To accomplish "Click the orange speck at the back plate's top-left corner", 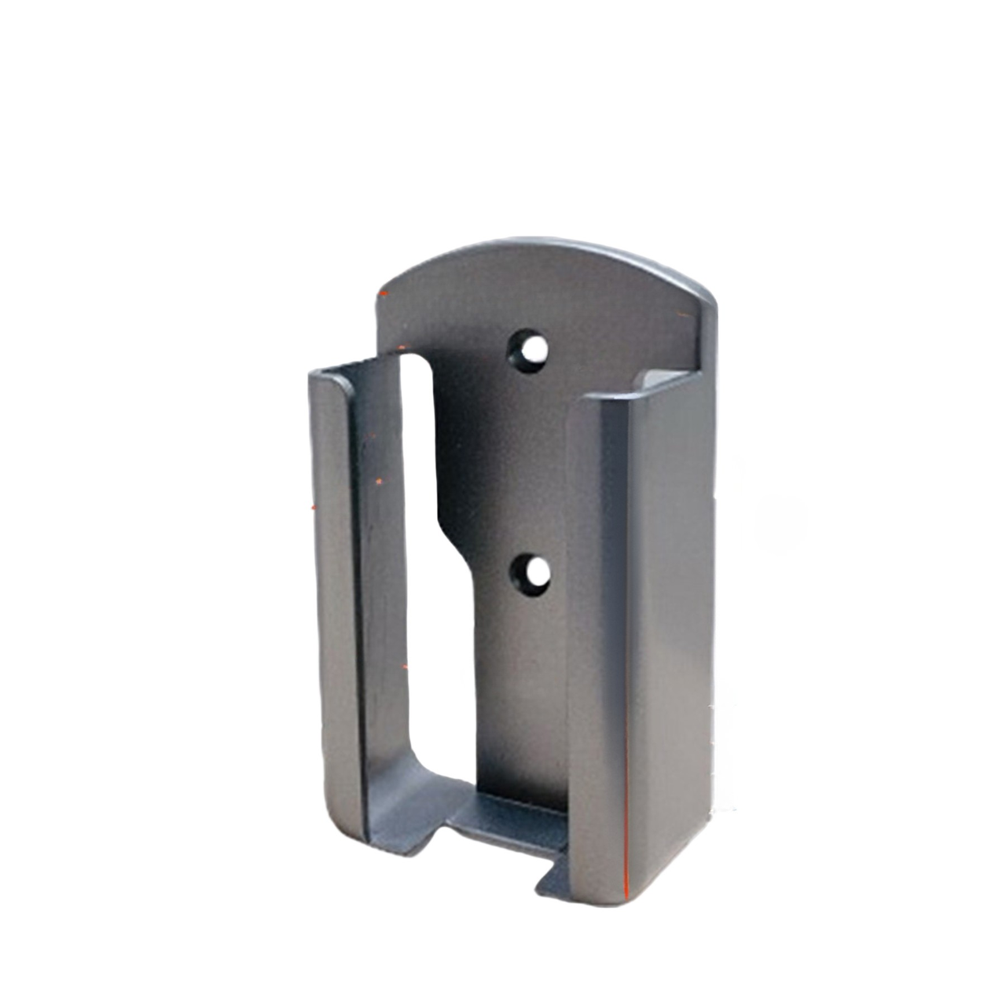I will click(384, 294).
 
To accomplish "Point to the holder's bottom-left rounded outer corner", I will click(334, 833).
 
